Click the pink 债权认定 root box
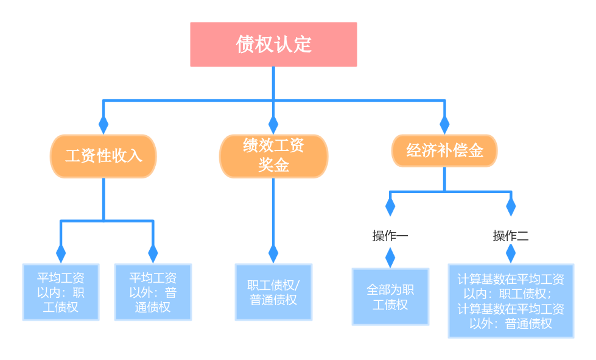(x=273, y=44)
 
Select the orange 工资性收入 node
(x=103, y=156)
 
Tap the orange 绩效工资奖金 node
(x=273, y=157)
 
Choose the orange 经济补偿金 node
(x=444, y=150)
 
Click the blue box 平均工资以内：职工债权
(x=61, y=292)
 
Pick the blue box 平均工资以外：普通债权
(x=153, y=292)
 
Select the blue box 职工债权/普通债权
(x=273, y=292)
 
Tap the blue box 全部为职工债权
(x=390, y=297)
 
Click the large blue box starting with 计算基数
(x=511, y=301)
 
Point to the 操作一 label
(x=390, y=236)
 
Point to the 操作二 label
(x=511, y=236)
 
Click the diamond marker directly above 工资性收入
(x=103, y=124)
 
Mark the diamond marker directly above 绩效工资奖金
(x=273, y=124)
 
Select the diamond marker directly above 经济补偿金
(x=444, y=124)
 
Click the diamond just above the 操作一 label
(x=390, y=207)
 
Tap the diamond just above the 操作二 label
(x=511, y=207)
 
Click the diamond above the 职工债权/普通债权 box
(x=273, y=253)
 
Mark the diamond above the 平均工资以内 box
(x=61, y=253)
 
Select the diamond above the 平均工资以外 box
(x=153, y=253)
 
